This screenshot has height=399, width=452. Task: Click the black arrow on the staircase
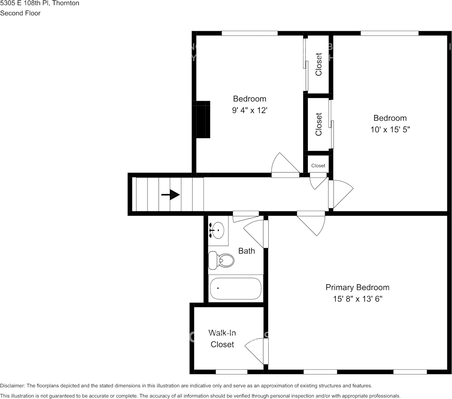[170, 194]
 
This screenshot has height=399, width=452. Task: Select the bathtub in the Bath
[236, 288]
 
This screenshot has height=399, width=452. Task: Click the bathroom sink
[218, 230]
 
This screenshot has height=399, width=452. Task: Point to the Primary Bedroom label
[357, 287]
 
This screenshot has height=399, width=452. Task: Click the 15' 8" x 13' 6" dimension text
[357, 299]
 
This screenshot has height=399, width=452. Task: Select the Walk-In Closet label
[222, 339]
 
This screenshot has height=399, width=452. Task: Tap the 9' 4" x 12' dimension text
[250, 110]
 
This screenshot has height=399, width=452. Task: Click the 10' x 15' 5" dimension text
[390, 129]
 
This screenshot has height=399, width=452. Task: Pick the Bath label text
[247, 251]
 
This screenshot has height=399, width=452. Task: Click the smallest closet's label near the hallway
[318, 166]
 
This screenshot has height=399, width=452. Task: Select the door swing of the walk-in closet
[256, 350]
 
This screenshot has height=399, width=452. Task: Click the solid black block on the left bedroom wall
[203, 119]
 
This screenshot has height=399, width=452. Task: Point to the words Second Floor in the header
[20, 13]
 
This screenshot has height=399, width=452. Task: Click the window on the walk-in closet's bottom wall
[231, 372]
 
